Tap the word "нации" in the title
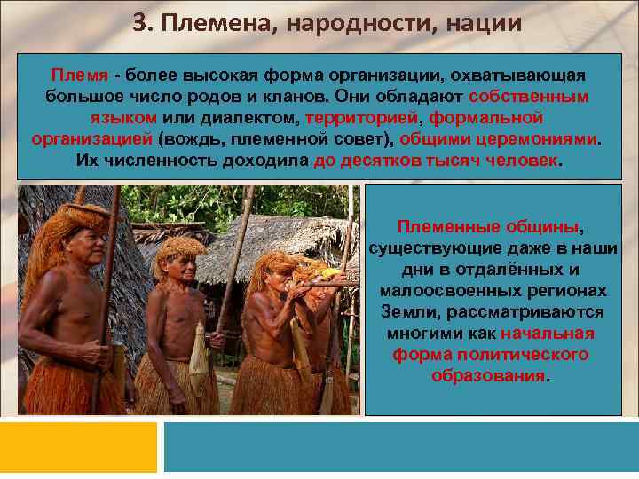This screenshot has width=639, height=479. tap(477, 24)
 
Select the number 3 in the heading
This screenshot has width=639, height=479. tap(140, 24)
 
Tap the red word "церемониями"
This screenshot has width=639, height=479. tap(543, 139)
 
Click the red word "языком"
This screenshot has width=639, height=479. tap(123, 118)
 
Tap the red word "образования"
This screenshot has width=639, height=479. tap(489, 376)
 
